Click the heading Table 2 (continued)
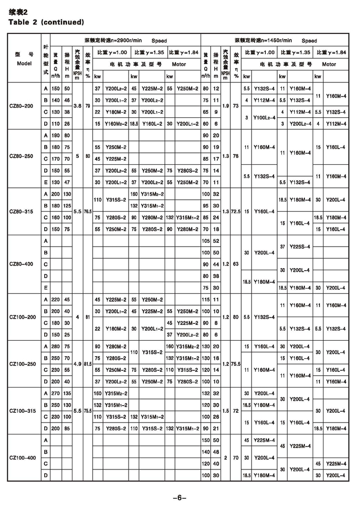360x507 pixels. [46, 22]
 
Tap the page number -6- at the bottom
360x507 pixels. [179, 497]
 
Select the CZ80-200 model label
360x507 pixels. [24, 107]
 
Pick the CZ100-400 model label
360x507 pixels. [24, 456]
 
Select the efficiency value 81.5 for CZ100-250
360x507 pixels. [88, 363]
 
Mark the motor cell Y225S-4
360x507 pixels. [299, 247]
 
